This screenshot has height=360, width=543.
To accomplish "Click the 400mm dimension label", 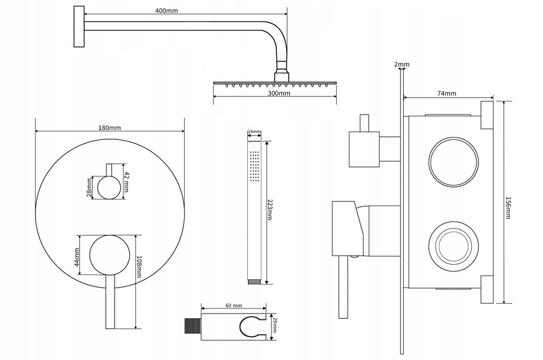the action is tap(167, 11).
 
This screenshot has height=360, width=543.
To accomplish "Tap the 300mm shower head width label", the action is tap(279, 93).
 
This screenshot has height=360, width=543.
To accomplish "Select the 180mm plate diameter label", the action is tap(110, 128).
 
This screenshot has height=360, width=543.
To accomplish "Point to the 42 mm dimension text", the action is tap(127, 182).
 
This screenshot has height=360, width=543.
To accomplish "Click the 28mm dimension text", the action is tap(90, 188).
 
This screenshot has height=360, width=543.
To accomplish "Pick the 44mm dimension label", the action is tap(77, 257).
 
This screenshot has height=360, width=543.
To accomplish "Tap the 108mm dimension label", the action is tap(139, 267).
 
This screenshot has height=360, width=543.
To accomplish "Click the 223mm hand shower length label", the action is tap(270, 209).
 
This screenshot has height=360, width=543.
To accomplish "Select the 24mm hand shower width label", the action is tap(255, 131).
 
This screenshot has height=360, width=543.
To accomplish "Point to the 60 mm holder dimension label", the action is tap(233, 305).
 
